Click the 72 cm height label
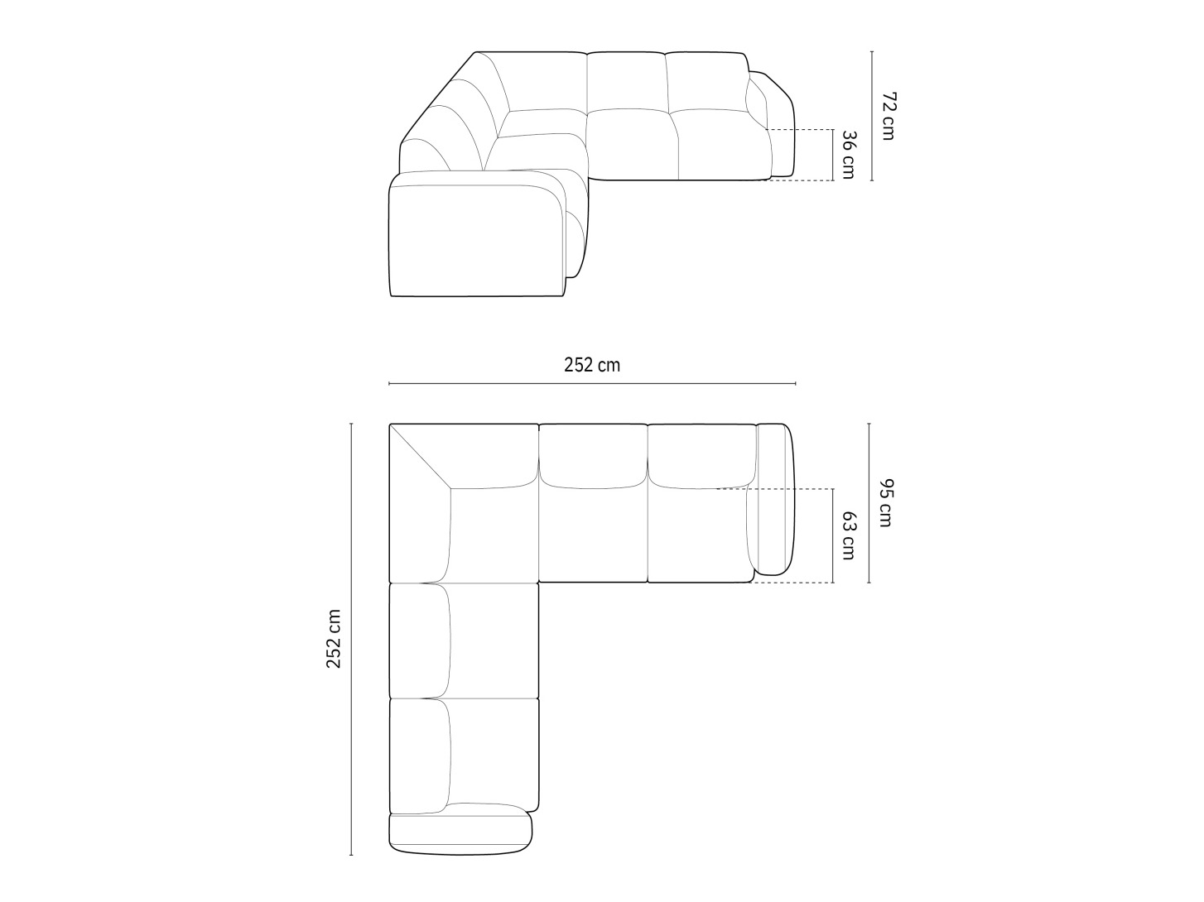tap(887, 116)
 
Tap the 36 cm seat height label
tap(848, 155)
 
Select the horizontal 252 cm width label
tap(592, 365)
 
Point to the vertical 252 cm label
tap(334, 639)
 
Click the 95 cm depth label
tap(886, 502)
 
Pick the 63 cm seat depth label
tap(848, 535)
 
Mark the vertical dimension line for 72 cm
tap(872, 115)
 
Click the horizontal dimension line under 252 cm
tap(592, 383)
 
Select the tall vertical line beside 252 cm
tap(351, 639)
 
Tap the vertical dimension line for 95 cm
tap(869, 502)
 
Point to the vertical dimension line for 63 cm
tap(832, 535)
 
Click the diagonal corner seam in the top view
tap(421, 456)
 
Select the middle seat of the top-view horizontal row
tap(593, 530)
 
